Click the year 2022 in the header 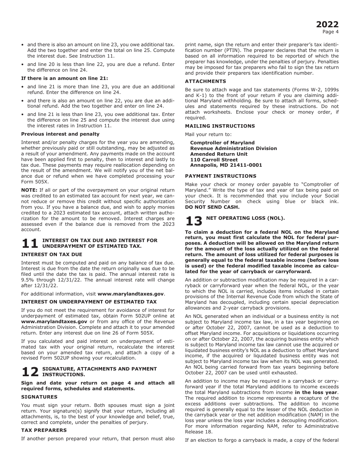click(327, 25)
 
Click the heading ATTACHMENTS click(205, 81)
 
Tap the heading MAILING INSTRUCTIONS click(220, 126)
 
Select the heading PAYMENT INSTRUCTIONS click(221, 176)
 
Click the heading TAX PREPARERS click(44, 430)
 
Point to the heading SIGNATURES click(39, 397)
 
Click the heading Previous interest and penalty click(60, 134)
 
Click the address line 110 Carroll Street click(214, 160)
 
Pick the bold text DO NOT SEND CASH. click(212, 207)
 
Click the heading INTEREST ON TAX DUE click(52, 255)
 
